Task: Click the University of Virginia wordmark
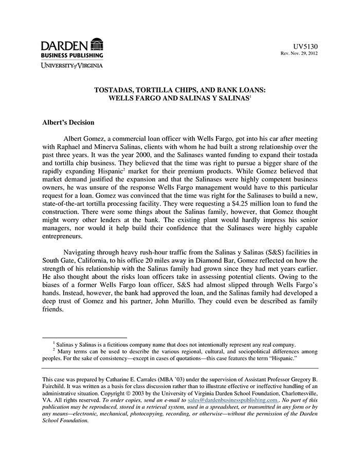pyautogui.click(x=72, y=65)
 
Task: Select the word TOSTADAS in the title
pyautogui.click(x=115, y=89)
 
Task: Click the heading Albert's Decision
pyautogui.click(x=68, y=123)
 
